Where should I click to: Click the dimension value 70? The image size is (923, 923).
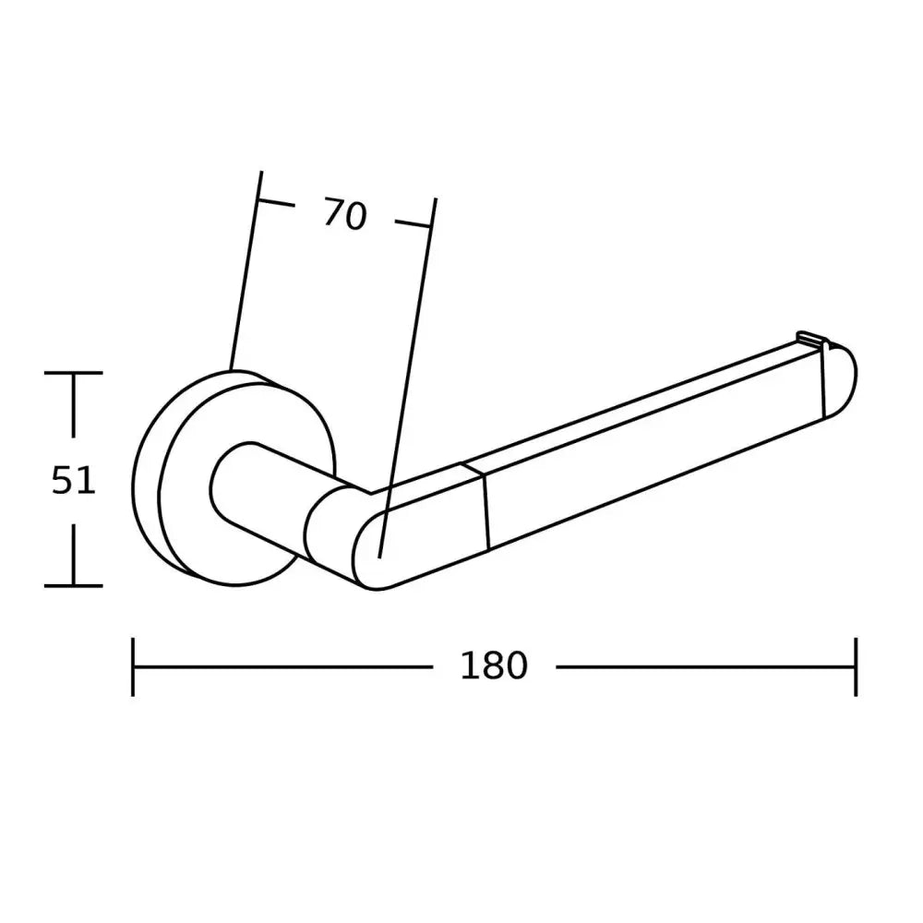[344, 215]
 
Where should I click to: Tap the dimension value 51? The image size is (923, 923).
[73, 481]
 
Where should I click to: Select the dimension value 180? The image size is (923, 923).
[493, 665]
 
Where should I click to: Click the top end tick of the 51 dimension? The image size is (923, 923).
[73, 373]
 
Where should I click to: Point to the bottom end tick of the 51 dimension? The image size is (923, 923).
[73, 585]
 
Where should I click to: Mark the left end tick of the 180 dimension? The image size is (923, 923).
[134, 665]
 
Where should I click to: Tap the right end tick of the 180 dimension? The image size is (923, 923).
[857, 665]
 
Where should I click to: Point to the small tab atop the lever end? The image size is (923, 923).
[809, 339]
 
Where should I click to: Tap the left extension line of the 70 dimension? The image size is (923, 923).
[246, 277]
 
